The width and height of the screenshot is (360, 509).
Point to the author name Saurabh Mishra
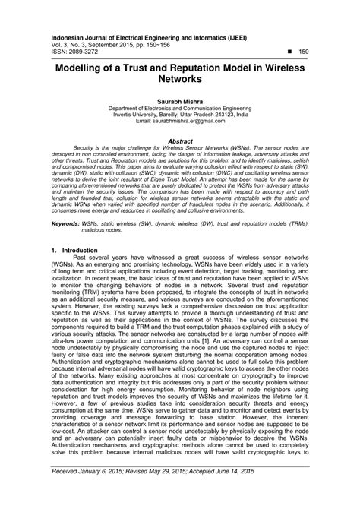coord(179,100)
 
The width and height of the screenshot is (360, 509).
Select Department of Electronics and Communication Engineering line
coord(179,107)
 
